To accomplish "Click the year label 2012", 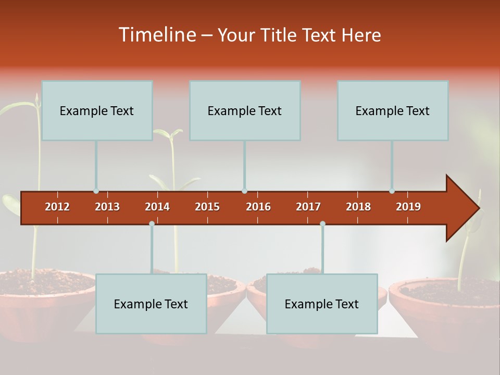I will coord(57,207).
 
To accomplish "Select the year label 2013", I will coord(107,207).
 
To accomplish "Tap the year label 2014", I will coord(157,207).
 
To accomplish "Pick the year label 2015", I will coord(207,207).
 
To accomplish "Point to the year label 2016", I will coord(258,207).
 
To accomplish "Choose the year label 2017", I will coord(308,207).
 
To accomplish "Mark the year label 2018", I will coord(358,207).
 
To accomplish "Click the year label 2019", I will coord(408,207).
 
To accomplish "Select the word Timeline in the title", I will coord(157,35).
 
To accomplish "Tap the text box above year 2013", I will coord(97,110).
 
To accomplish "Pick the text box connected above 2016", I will coord(245,110).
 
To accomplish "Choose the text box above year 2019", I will coord(393,110).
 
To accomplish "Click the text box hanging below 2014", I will coord(151,304).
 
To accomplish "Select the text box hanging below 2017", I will coord(322,304).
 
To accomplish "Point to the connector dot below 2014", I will coord(152,223).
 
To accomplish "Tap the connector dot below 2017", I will coord(322,223).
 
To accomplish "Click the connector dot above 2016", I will coord(244,191).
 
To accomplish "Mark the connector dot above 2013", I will coord(96,191).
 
